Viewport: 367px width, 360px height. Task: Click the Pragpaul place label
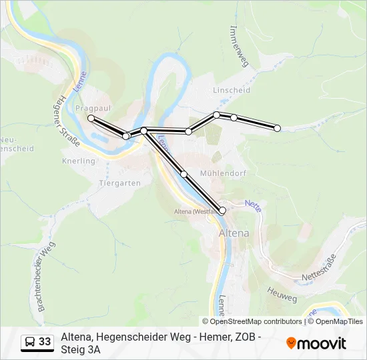93,107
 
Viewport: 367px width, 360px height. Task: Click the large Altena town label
234,233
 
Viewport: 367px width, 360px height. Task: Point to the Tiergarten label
119,183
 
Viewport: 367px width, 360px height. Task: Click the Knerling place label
78,161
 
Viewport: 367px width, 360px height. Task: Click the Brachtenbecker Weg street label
46,277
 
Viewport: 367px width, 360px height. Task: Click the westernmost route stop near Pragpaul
91,118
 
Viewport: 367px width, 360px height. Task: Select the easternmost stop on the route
278,128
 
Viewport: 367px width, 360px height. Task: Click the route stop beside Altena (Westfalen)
222,211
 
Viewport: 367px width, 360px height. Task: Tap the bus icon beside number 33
29,343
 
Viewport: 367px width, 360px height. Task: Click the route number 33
45,342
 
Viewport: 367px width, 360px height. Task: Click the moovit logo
316,343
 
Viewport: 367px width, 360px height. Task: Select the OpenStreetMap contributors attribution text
252,321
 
